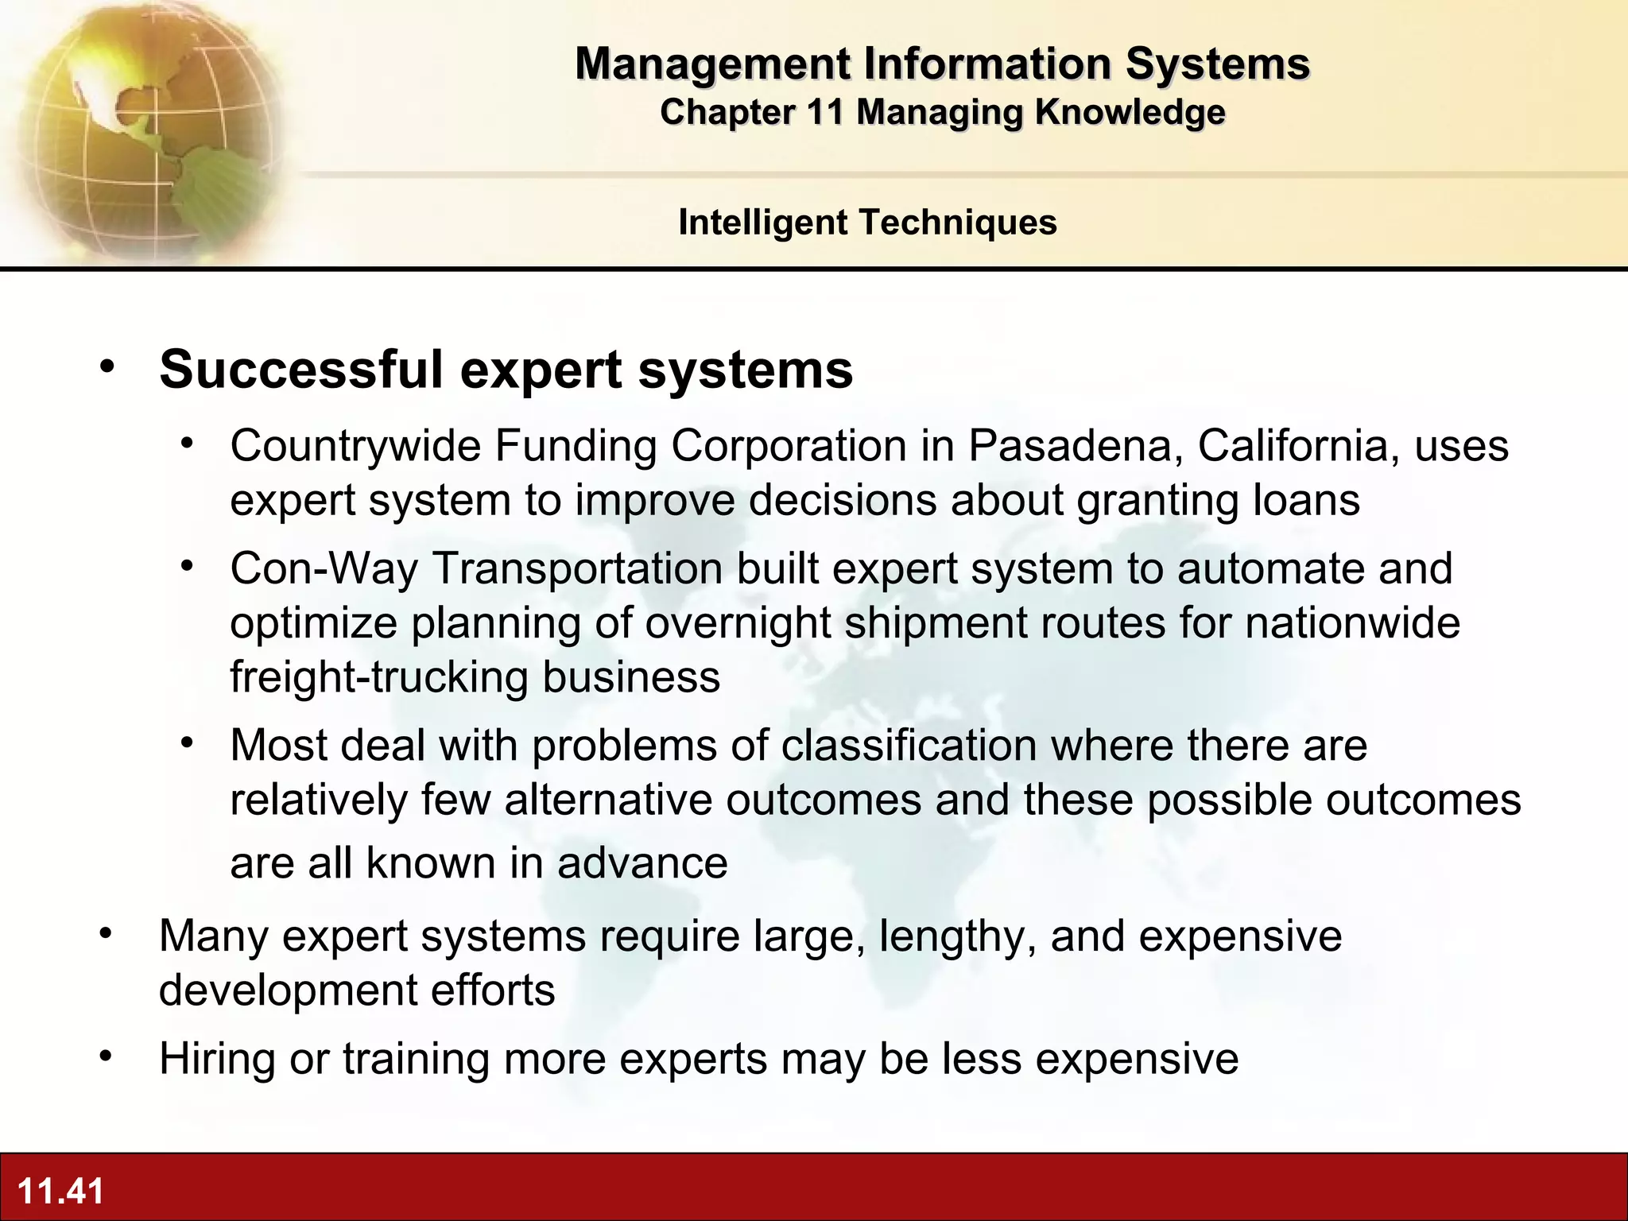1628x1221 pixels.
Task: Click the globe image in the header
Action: (143, 131)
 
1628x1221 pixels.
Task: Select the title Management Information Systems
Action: (942, 64)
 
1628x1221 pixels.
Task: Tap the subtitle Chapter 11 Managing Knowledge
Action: (942, 112)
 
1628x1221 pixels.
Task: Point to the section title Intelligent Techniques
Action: (867, 222)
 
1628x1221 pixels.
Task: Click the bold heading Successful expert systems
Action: (506, 369)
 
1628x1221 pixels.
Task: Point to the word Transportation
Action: (577, 568)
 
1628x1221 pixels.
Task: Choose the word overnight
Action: (738, 622)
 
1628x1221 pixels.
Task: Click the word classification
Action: (909, 745)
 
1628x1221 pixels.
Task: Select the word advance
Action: (642, 862)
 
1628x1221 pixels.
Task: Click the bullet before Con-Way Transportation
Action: (187, 567)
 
